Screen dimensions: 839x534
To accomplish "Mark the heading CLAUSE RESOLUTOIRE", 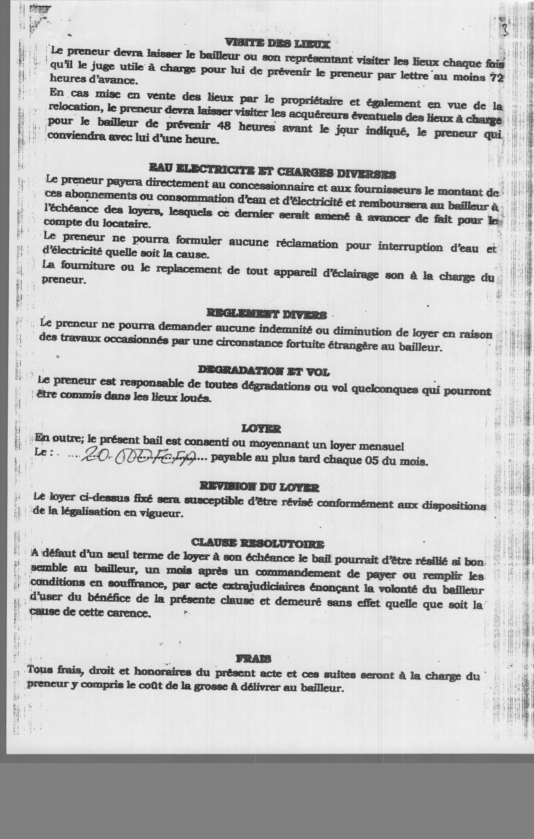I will tap(258, 543).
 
